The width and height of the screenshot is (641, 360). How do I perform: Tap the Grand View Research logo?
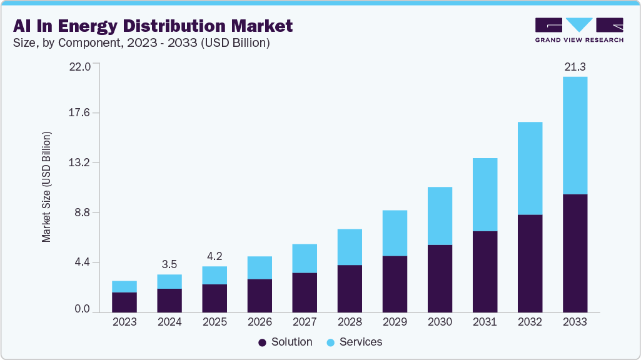[578, 30]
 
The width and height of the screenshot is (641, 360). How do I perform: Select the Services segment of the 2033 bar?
[575, 135]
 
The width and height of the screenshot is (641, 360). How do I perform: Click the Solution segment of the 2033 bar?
[575, 253]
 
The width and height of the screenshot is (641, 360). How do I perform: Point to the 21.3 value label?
[575, 66]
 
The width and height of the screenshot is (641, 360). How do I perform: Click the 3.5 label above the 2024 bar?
[169, 264]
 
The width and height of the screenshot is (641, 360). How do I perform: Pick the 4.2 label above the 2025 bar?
[215, 256]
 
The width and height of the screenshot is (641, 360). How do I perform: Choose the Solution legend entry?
[286, 342]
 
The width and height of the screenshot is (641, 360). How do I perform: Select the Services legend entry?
[355, 342]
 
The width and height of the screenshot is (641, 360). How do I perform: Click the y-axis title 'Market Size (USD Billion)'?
[46, 187]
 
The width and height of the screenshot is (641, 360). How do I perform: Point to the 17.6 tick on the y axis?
[83, 113]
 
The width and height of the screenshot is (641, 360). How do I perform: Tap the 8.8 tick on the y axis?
[83, 212]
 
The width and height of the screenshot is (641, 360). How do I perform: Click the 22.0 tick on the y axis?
[83, 66]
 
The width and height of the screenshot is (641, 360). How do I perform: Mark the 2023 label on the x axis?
[124, 322]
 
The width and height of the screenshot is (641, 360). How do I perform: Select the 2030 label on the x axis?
[440, 322]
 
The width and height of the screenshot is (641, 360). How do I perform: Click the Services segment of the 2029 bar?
[395, 233]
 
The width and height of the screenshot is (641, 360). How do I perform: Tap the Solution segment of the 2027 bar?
[305, 292]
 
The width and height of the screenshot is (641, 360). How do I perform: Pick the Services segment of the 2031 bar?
[485, 194]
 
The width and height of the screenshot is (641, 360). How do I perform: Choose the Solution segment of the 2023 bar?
[124, 302]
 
